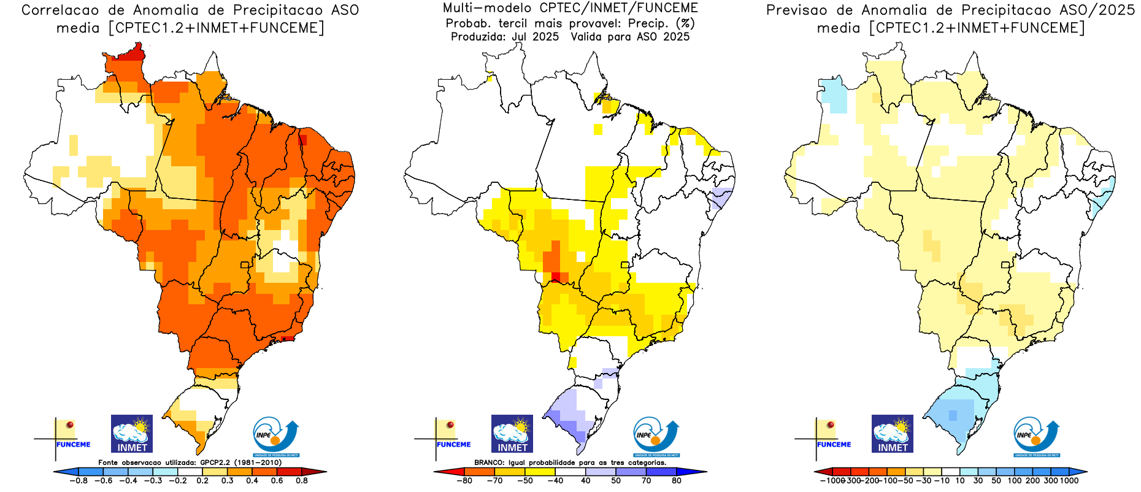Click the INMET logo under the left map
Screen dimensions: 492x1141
pyautogui.click(x=132, y=433)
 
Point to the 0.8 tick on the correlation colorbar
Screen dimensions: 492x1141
pyautogui.click(x=302, y=480)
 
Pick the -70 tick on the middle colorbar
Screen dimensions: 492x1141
pyautogui.click(x=494, y=480)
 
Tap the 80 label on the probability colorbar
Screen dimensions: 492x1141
pyautogui.click(x=676, y=480)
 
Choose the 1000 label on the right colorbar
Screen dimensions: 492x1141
pyautogui.click(x=1069, y=480)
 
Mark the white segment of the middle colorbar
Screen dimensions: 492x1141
pyautogui.click(x=570, y=472)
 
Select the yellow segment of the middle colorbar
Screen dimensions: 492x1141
pyautogui.click(x=540, y=472)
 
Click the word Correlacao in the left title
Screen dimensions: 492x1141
pyautogui.click(x=60, y=10)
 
